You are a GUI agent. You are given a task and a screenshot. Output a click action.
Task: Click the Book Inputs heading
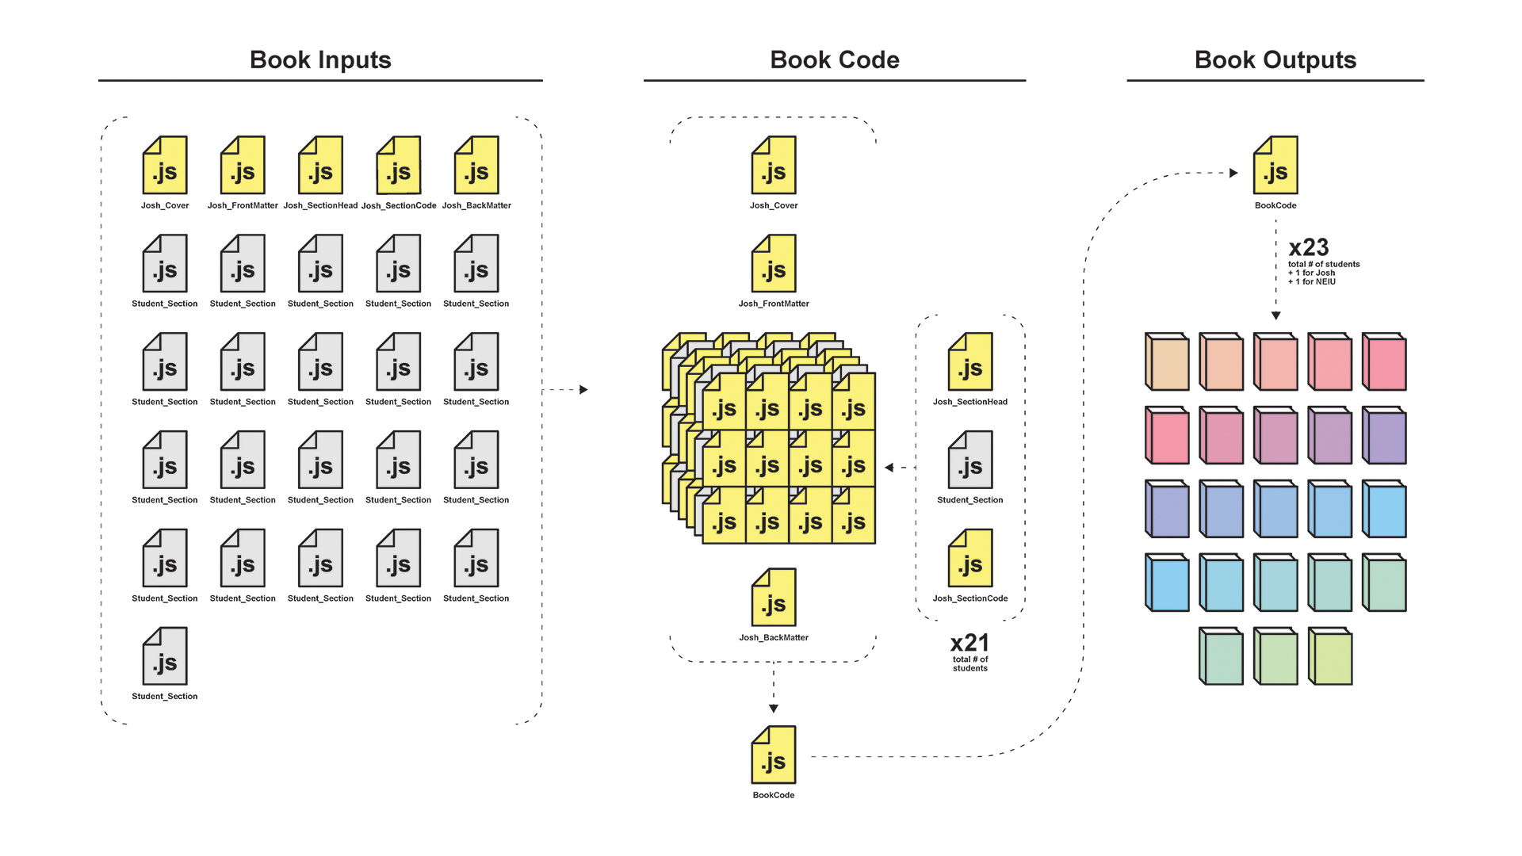coord(320,60)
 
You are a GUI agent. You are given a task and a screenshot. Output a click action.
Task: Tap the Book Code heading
coord(834,60)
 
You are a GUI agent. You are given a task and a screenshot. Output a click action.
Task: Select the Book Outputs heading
coord(1275,60)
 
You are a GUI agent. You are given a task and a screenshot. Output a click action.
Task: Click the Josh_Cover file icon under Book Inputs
coord(165,166)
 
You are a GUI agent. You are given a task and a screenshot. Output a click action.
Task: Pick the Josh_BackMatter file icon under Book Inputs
coord(476,166)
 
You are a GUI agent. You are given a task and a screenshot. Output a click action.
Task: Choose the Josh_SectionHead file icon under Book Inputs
coord(320,166)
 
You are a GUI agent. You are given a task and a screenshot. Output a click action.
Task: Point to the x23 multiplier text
coord(1309,247)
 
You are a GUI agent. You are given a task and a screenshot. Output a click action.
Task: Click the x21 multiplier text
coord(969,643)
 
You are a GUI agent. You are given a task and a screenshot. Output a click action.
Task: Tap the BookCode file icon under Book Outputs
coord(1275,166)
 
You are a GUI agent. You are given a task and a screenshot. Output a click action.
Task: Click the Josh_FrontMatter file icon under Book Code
coord(774,264)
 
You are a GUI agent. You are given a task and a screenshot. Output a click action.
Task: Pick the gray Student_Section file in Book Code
coord(970,460)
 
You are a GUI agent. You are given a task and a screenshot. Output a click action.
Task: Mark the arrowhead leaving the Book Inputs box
coord(584,390)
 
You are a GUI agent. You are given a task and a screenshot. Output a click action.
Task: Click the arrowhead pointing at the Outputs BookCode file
coord(1233,173)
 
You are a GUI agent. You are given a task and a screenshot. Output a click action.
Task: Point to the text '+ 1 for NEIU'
coord(1312,282)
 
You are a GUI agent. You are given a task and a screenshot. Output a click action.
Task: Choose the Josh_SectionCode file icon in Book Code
coord(970,559)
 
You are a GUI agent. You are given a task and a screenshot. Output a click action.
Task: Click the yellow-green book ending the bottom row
coord(1330,656)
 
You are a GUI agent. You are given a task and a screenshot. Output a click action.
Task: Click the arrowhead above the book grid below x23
coord(1276,315)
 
